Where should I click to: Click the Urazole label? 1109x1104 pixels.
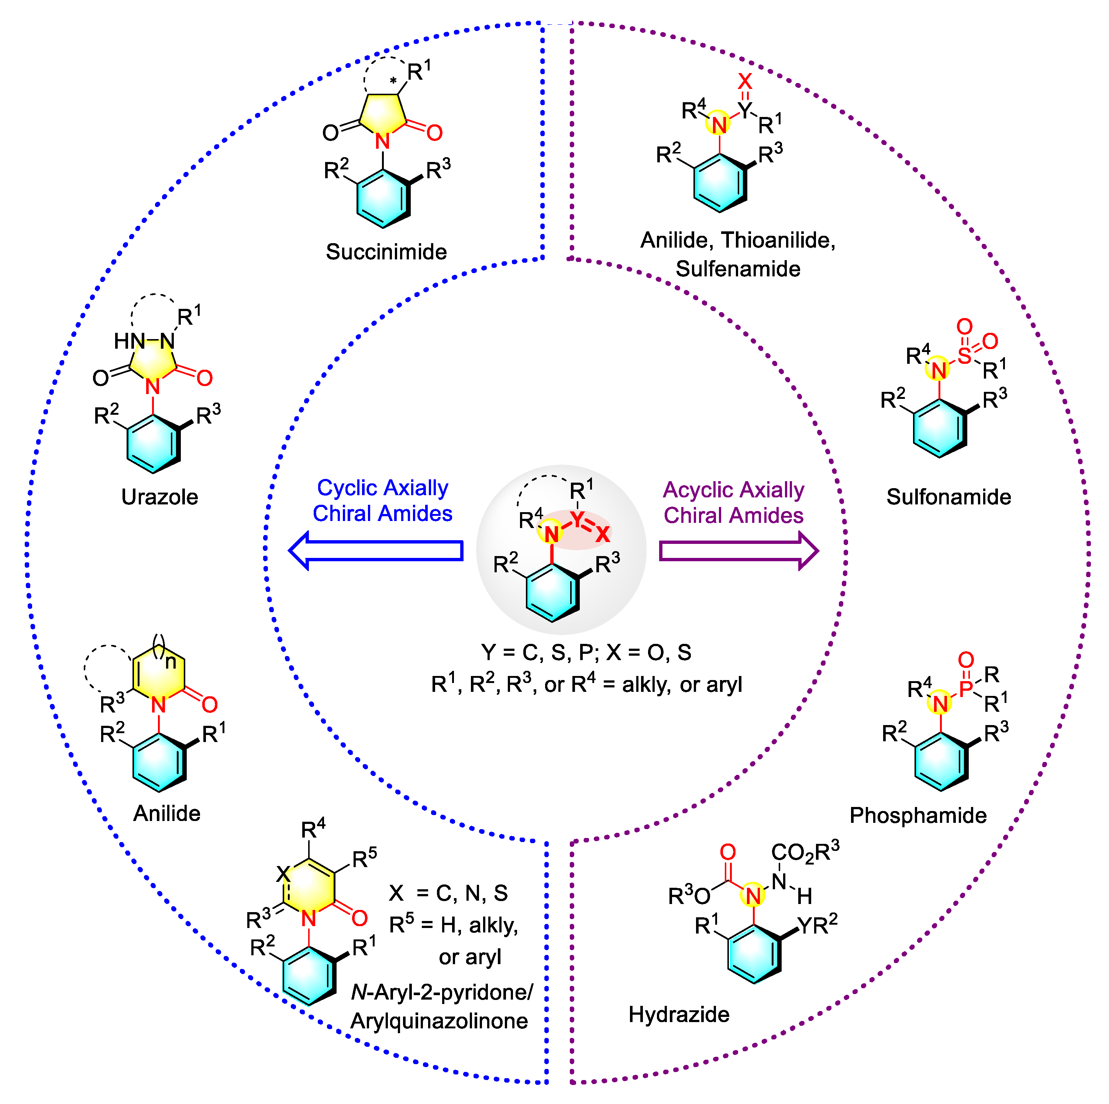[159, 497]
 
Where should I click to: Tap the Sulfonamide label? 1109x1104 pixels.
[948, 497]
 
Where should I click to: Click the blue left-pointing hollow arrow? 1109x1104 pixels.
[376, 550]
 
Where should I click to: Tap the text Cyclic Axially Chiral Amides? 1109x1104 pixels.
[382, 500]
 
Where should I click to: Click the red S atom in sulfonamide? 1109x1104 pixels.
[964, 356]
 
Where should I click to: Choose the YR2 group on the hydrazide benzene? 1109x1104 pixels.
[817, 925]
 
